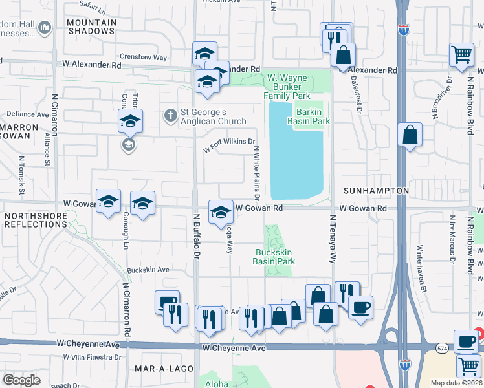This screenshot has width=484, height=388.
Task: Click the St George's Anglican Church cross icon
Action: (x=170, y=114)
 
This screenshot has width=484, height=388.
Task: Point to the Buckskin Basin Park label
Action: (x=274, y=257)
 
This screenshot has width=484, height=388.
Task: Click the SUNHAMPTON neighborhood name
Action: (x=375, y=191)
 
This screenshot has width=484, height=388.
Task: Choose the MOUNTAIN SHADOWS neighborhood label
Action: (x=92, y=27)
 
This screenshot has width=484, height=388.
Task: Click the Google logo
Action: (x=21, y=380)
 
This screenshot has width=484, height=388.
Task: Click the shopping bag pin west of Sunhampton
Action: (x=410, y=135)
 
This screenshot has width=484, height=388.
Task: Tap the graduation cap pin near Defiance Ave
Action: (x=129, y=120)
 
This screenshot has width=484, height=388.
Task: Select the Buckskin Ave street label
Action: (x=148, y=270)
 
